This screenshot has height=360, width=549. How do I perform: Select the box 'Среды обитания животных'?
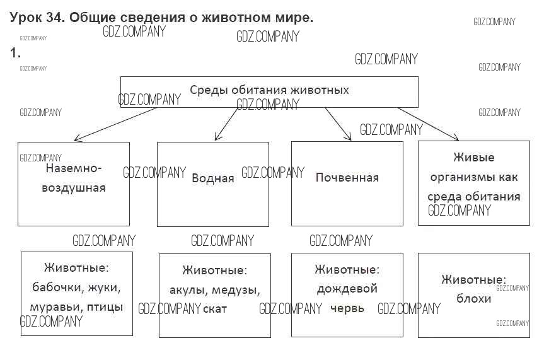point(269,92)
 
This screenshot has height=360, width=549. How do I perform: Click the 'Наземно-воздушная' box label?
point(74,178)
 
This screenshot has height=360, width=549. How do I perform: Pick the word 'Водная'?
point(212,178)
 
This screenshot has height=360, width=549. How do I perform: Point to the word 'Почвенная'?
point(347,177)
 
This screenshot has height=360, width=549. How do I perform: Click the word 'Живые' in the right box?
point(473,158)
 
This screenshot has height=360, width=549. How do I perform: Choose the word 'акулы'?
point(187,290)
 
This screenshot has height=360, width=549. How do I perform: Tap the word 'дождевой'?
point(347,289)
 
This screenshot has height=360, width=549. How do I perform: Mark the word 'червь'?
point(347,308)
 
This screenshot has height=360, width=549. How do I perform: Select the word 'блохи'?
point(473,298)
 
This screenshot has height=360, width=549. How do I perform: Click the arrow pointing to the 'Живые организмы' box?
point(429,124)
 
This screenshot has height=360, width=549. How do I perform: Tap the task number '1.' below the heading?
point(15,53)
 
